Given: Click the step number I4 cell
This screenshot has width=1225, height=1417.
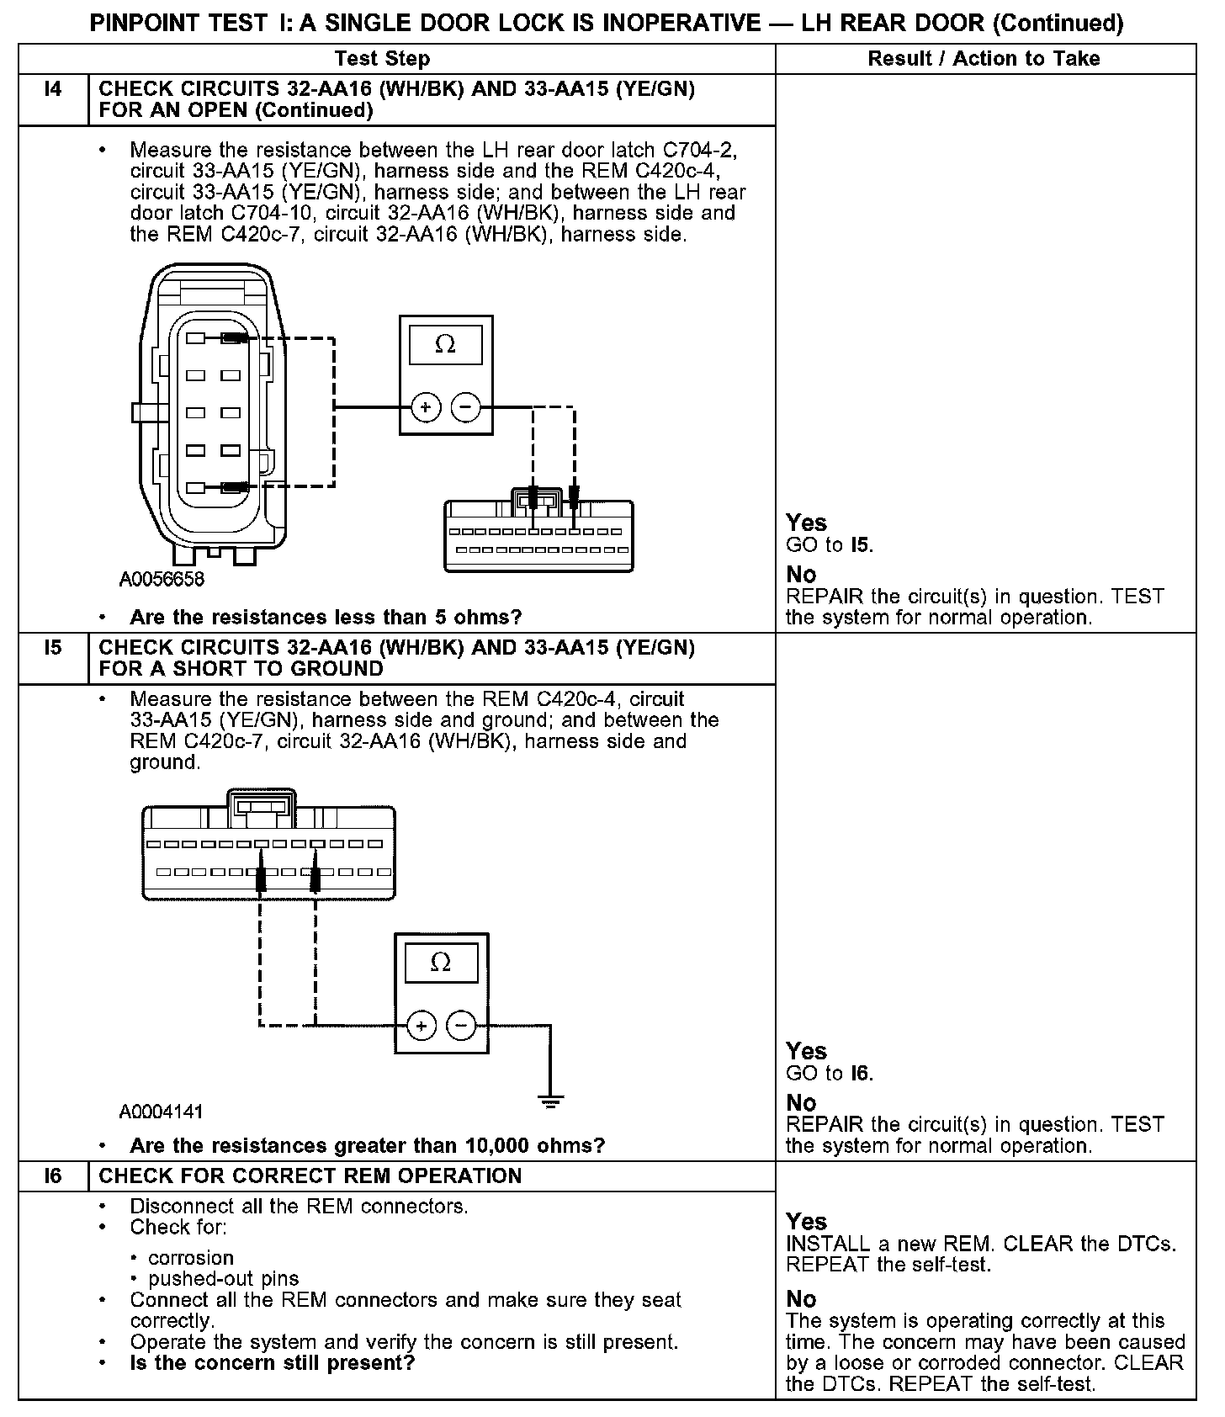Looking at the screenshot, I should [53, 89].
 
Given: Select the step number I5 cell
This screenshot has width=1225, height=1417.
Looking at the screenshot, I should [53, 648].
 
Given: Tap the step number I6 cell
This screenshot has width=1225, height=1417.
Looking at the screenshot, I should [53, 1176].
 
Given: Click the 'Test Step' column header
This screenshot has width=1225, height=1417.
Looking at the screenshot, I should [382, 59].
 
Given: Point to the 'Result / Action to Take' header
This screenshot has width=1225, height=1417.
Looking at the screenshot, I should [984, 59].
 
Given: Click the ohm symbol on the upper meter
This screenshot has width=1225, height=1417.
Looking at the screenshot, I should [445, 344].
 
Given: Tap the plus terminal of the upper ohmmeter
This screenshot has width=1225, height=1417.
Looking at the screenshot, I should [426, 408].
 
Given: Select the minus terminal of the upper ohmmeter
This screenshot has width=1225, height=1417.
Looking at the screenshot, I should [465, 408].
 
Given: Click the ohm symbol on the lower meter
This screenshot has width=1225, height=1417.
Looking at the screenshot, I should [441, 962].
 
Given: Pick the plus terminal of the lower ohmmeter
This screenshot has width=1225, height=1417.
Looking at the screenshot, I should [422, 1025].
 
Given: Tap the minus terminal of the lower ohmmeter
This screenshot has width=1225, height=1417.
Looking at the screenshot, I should [460, 1025].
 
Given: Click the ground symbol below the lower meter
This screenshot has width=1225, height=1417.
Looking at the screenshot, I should [550, 1101].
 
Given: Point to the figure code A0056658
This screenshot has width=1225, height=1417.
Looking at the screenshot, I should [162, 580].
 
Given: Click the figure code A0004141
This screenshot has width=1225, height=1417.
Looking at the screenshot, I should [162, 1112].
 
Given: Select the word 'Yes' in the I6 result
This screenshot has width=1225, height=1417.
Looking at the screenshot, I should [806, 1221].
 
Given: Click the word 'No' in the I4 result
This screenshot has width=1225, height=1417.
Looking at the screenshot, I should [801, 575].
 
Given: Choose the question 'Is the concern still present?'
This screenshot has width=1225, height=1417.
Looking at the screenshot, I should [272, 1362].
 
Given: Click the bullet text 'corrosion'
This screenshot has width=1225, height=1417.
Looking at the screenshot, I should [191, 1258].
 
